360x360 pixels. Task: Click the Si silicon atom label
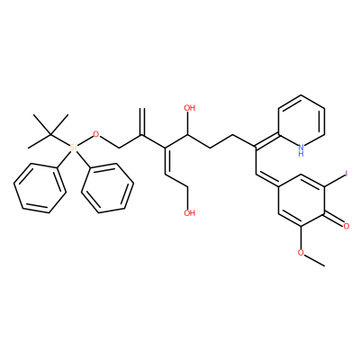click(73, 148)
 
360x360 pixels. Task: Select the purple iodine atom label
click(346, 174)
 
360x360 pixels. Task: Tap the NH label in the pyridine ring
click(301, 150)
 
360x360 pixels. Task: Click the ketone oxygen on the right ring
click(346, 227)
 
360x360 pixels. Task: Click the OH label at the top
click(190, 108)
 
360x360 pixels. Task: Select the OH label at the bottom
click(190, 213)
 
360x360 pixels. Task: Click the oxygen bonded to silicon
click(96, 134)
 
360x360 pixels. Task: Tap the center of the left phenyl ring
click(40, 188)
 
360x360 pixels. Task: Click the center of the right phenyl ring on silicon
click(108, 188)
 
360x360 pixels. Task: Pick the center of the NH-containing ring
click(301, 121)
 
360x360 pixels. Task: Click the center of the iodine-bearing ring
click(301, 200)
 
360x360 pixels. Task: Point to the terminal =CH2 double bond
click(143, 121)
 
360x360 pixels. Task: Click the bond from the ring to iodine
click(335, 180)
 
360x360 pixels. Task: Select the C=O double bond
click(334, 220)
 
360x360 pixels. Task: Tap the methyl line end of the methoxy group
click(324, 265)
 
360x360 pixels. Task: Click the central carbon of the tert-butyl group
click(50, 134)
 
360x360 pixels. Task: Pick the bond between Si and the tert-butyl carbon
click(60, 139)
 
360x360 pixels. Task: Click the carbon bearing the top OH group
click(188, 135)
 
